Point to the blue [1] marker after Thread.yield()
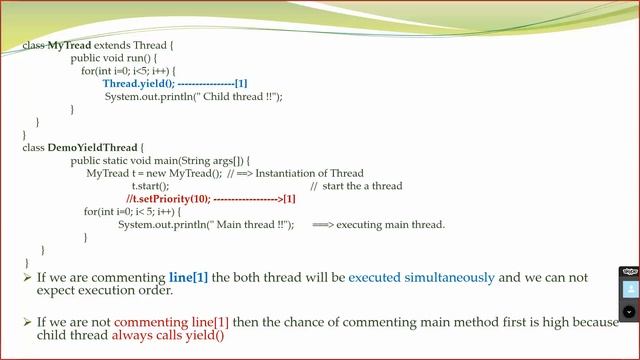(241, 84)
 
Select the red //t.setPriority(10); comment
(168, 199)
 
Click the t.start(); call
(150, 186)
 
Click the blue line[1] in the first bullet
(188, 277)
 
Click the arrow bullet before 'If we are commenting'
(27, 277)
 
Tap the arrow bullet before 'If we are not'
(27, 322)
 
